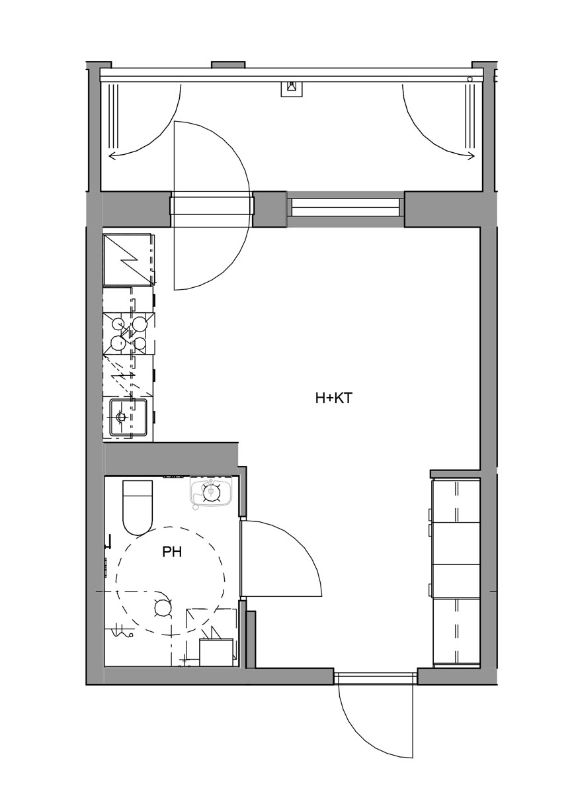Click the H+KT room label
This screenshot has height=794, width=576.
coord(334,398)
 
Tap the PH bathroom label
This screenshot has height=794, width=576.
coord(172,552)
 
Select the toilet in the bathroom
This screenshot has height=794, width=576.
coord(138,507)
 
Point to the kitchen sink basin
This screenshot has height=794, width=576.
coord(128,418)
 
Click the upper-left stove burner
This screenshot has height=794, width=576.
coord(117,323)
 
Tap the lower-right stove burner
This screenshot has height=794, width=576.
coord(140,343)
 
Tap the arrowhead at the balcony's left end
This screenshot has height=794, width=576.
coord(112,155)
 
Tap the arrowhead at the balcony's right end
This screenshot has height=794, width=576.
coord(471,155)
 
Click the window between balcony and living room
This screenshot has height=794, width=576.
coord(346,207)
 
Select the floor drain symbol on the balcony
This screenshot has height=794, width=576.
coord(292,88)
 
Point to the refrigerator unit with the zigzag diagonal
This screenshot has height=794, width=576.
coord(128,259)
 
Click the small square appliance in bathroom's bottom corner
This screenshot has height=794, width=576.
coord(216,652)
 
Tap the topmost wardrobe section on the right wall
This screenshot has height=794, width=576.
coord(456,500)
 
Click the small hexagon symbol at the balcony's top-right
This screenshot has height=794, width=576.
coord(470,79)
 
